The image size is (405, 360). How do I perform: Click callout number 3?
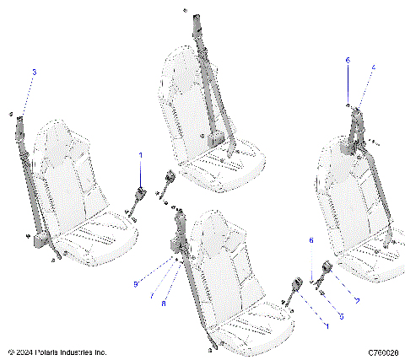click(x=35, y=73)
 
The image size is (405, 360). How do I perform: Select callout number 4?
click(x=374, y=67)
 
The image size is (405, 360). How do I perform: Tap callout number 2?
click(x=357, y=301)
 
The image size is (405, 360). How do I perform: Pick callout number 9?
click(x=134, y=284)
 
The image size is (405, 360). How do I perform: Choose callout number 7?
click(x=152, y=298)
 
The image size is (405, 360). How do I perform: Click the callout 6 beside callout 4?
click(x=347, y=61)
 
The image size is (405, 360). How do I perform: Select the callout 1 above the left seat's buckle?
click(x=141, y=156)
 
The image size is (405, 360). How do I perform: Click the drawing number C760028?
click(x=382, y=352)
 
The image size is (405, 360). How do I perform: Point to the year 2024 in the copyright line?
click(x=24, y=352)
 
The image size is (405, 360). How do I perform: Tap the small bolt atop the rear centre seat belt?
click(x=184, y=9)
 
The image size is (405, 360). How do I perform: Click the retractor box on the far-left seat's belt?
click(x=39, y=242)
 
